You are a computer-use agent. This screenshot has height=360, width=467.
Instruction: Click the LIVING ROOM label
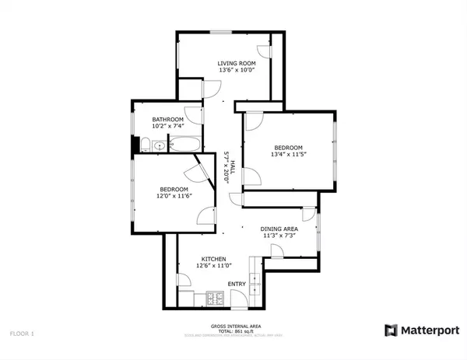tap(236, 62)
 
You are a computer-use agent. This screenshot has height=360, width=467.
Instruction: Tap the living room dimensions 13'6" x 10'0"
tap(236, 70)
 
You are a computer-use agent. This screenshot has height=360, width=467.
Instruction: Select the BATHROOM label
tap(167, 119)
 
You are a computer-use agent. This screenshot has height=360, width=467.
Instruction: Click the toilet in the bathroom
tap(145, 144)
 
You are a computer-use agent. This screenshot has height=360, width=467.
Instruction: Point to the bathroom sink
tap(159, 145)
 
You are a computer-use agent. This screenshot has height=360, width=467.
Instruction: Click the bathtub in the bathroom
tap(185, 145)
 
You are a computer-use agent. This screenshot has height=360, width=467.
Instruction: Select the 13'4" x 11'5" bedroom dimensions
tap(289, 154)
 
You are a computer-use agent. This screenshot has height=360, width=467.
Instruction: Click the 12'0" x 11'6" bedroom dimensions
tap(174, 197)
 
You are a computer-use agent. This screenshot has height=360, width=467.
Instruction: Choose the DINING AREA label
tap(280, 228)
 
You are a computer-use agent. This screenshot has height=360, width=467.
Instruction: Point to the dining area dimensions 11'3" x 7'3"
tap(280, 236)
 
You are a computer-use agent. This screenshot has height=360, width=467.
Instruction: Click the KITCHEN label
tap(214, 259)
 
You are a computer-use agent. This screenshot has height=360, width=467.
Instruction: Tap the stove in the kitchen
tap(216, 299)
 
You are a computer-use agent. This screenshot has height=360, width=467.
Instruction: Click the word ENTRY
tap(237, 284)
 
